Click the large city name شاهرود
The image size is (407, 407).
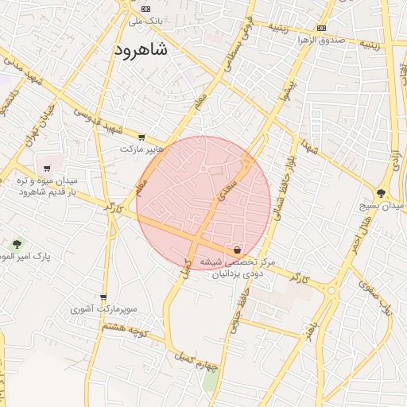141,50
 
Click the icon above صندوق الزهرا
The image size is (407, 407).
321,28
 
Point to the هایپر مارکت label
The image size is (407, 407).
141,149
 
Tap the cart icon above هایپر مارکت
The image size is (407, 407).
141,138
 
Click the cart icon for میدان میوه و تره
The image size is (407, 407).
48,168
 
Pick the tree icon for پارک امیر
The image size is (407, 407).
17,243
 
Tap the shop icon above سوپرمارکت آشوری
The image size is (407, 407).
103,297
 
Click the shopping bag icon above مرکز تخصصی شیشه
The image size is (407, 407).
238,250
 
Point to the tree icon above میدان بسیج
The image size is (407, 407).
382,192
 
